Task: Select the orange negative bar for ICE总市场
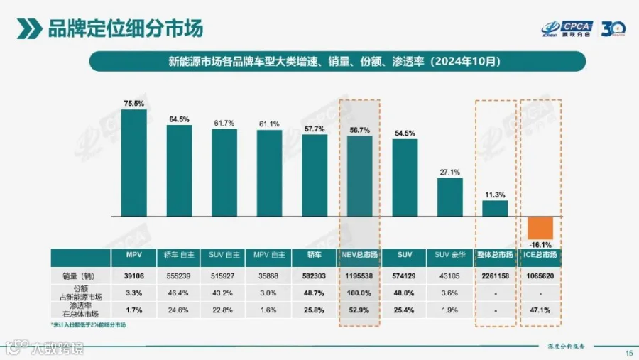pos(540,228)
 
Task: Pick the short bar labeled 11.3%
pos(495,208)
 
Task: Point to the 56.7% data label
pos(360,130)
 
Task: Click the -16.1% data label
pos(540,245)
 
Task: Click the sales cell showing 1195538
pos(360,275)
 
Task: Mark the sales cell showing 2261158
pos(495,275)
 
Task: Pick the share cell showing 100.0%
pos(360,293)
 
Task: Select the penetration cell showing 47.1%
pos(540,310)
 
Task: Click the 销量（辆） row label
pos(80,275)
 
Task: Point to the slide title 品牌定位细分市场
pos(125,29)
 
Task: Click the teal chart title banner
pos(337,61)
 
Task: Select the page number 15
pos(628,354)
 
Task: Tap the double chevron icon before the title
pos(29,29)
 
